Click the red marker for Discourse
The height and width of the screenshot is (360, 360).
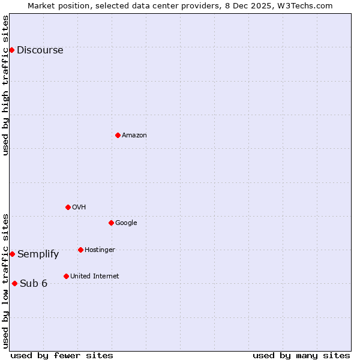tap(11, 50)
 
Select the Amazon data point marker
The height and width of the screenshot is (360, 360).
tap(118, 135)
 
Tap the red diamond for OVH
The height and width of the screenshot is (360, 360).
tap(68, 207)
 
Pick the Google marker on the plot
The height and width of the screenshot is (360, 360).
tap(111, 223)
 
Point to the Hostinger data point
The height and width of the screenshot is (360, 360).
tap(80, 250)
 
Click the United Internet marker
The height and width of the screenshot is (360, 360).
tap(66, 276)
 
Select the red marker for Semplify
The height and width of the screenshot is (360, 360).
tap(12, 254)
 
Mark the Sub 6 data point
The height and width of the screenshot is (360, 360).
tap(14, 283)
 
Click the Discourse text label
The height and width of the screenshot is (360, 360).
tap(40, 50)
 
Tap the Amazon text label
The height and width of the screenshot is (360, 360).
tap(134, 136)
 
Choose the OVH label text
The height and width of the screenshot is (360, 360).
tap(79, 208)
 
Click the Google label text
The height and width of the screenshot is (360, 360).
tap(126, 223)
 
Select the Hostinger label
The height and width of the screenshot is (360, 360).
tap(100, 250)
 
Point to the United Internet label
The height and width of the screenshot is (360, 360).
tap(94, 277)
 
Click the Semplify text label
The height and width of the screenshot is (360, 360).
tap(38, 254)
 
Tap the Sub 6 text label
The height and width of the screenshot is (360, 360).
tap(33, 284)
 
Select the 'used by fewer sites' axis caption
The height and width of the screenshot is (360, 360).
tap(62, 355)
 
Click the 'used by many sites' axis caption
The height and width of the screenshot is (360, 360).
tap(301, 355)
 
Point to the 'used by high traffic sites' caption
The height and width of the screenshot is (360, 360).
tap(5, 85)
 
